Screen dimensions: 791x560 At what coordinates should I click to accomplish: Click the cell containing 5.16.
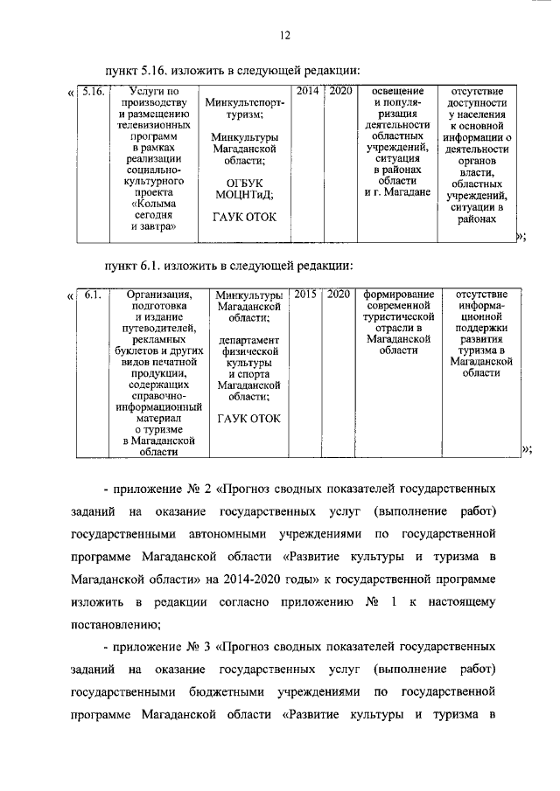tap(92, 91)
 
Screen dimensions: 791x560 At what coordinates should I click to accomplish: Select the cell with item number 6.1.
tap(93, 295)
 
